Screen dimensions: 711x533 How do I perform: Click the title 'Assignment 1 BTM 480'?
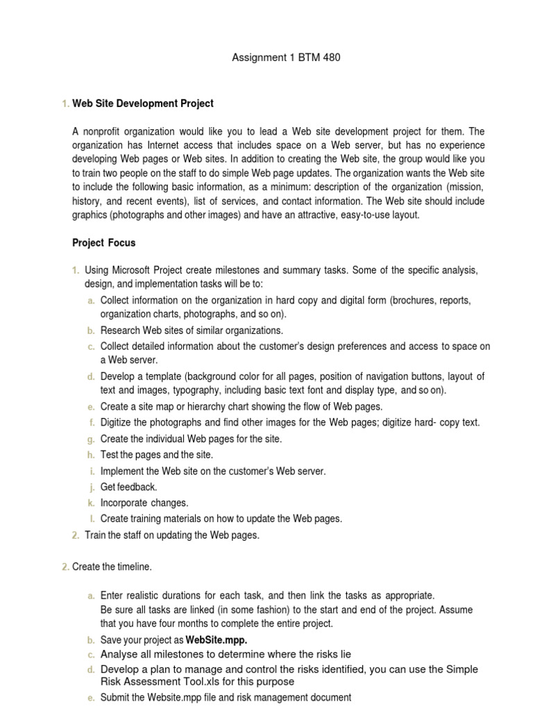pos(286,58)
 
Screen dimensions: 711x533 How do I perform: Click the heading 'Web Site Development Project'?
pos(143,103)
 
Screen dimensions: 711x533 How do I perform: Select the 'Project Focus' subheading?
pos(104,243)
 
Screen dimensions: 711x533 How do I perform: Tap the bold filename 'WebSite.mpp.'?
pos(217,639)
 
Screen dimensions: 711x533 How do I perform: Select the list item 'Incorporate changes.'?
pos(144,503)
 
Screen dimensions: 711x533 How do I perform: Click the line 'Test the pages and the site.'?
pos(157,455)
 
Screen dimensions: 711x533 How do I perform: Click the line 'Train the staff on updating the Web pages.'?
pos(172,535)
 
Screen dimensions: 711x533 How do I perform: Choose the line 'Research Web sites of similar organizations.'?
pos(192,331)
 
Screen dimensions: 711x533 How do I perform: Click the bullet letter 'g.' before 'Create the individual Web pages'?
pos(91,439)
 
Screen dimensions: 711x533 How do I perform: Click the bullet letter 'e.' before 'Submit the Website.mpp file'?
pos(91,697)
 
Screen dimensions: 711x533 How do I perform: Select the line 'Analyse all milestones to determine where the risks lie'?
pos(226,654)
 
